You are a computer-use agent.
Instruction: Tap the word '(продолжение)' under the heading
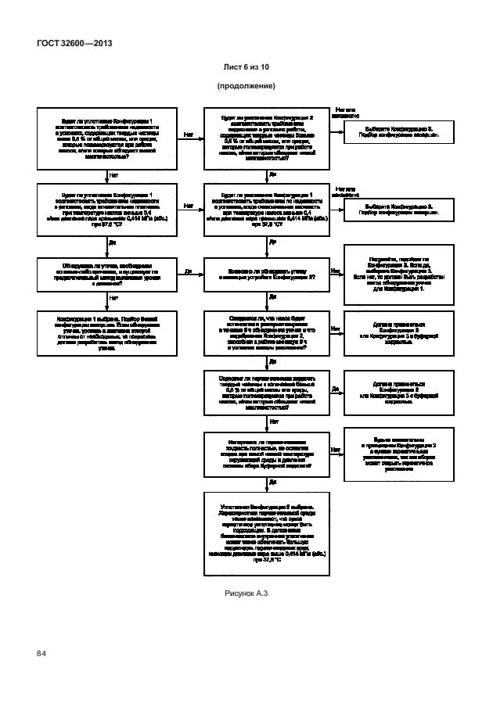(x=246, y=84)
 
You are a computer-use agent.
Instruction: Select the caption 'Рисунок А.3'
(x=246, y=594)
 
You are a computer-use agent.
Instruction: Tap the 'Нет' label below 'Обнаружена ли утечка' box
(x=114, y=297)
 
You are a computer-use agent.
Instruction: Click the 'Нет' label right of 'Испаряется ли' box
(x=335, y=450)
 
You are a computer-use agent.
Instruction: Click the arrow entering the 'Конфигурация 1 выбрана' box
(x=103, y=305)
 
